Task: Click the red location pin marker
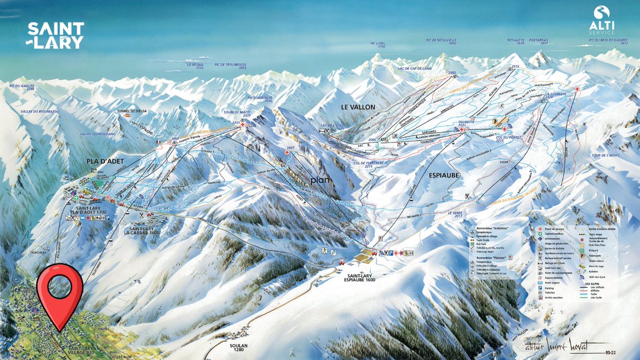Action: pos(60,291)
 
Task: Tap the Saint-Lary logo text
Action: pos(55,36)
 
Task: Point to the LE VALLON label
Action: pos(358,107)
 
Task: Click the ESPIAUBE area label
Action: pos(444,173)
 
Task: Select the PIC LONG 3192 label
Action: pos(377,45)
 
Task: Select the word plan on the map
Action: pos(321,180)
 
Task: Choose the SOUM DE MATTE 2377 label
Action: pos(239,113)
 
